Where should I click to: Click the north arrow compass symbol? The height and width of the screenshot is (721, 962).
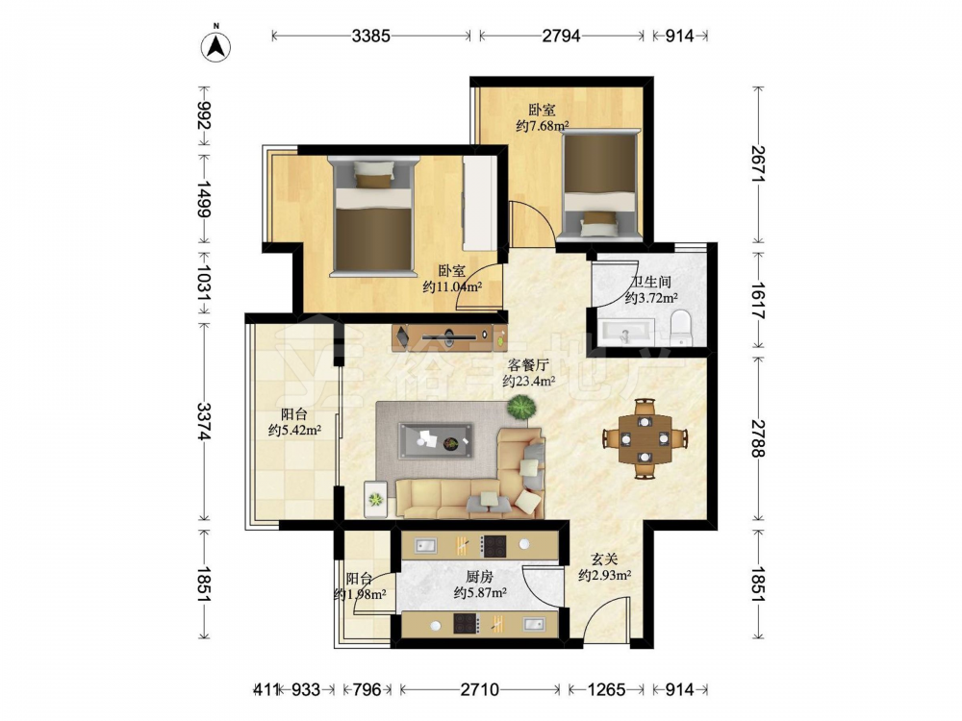click(215, 45)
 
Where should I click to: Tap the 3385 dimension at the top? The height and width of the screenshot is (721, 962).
click(370, 36)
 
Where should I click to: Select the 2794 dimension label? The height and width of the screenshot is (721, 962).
click(561, 36)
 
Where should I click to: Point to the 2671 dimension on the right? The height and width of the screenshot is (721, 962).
click(758, 163)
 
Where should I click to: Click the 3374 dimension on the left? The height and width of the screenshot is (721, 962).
click(204, 421)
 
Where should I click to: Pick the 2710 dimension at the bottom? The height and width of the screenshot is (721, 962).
click(479, 689)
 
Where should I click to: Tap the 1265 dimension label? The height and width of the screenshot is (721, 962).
click(606, 689)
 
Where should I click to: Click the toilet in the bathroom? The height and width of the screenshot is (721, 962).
click(680, 328)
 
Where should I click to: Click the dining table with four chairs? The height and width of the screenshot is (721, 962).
click(645, 439)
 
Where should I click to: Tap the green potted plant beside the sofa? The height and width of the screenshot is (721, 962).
click(521, 407)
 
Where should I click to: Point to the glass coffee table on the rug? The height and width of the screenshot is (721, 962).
click(436, 440)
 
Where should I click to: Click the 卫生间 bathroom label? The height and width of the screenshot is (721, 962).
click(651, 282)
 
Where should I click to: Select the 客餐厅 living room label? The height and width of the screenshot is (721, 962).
click(528, 365)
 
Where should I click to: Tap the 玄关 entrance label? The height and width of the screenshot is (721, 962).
click(604, 559)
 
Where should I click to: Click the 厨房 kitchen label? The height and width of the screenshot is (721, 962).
click(479, 576)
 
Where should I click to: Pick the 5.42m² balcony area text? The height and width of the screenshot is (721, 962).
click(295, 431)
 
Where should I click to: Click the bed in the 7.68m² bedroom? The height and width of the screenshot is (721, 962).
click(600, 185)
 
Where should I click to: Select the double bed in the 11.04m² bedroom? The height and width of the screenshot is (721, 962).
click(373, 215)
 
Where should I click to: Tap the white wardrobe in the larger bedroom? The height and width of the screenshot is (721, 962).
click(480, 203)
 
